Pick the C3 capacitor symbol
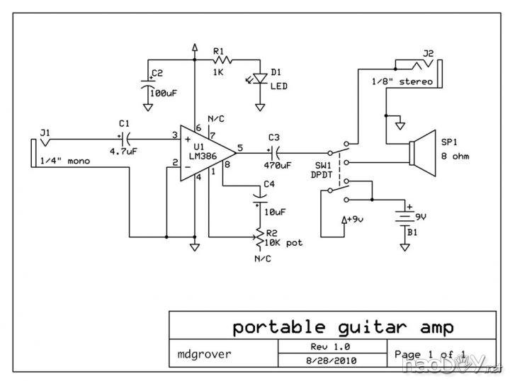pyautogui.click(x=274, y=150)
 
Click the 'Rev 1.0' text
pyautogui.click(x=331, y=346)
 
